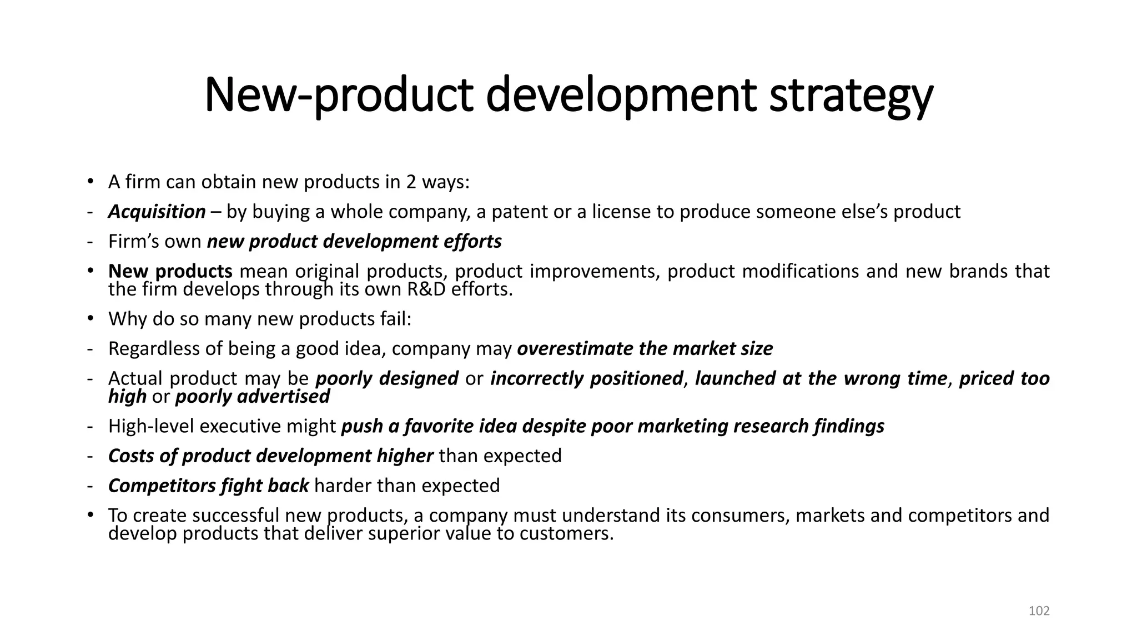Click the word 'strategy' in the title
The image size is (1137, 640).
click(x=851, y=96)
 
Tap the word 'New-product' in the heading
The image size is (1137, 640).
click(x=339, y=96)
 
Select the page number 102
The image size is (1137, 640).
click(x=1039, y=611)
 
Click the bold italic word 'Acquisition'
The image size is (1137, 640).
click(x=157, y=212)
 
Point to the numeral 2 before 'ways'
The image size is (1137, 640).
click(x=411, y=182)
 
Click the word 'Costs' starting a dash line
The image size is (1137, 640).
click(x=132, y=456)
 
